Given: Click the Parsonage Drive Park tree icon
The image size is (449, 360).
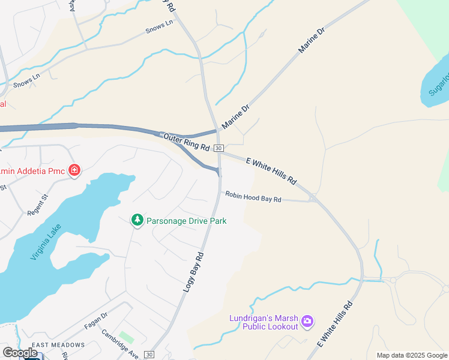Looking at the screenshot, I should pos(137,221).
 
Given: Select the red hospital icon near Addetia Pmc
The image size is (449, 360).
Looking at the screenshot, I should pos(74,171).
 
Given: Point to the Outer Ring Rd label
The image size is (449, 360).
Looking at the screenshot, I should pos(186,142).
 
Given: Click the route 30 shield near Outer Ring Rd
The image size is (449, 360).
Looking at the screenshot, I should pos(219,148).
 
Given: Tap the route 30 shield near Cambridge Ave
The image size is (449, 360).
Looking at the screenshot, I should pos(149,355).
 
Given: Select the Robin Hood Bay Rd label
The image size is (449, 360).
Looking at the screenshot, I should pos(253,197).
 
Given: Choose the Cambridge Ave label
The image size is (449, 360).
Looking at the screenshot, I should pos(120,344).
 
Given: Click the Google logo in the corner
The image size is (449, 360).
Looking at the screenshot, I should pos(20,353).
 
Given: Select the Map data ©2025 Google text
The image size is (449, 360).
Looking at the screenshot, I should pos(412,355).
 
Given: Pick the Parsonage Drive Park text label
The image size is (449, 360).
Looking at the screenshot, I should pos(187,221).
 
